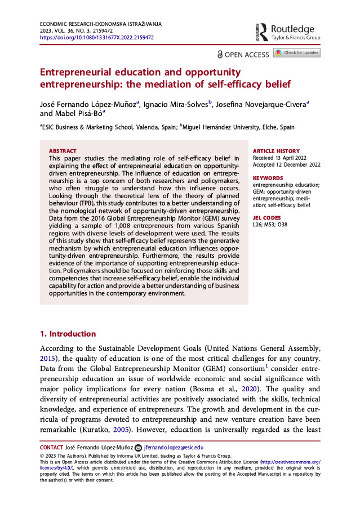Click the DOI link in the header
96,38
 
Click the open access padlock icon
220,54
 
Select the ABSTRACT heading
63,151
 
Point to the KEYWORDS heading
268,177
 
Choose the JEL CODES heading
267,217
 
